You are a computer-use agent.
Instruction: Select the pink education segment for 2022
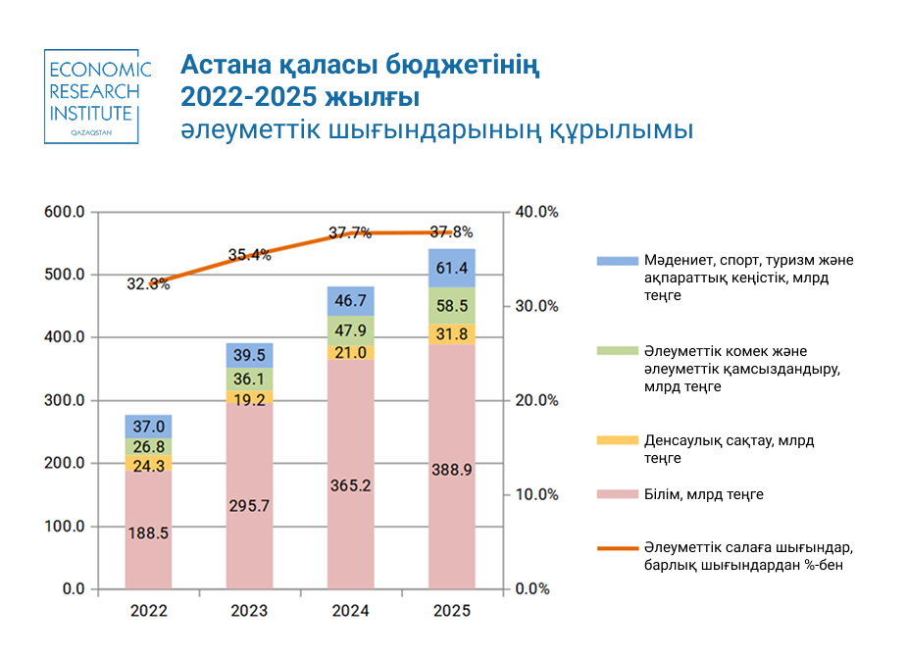(x=149, y=530)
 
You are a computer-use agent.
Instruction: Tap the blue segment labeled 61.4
(x=452, y=268)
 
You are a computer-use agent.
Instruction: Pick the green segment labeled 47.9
(x=350, y=330)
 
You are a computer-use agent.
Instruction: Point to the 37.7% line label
(x=350, y=232)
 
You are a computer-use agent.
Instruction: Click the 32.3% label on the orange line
(x=148, y=283)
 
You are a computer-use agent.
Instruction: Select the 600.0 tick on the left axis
(x=64, y=212)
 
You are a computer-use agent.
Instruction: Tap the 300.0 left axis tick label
(x=64, y=400)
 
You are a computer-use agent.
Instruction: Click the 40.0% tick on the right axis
(x=536, y=212)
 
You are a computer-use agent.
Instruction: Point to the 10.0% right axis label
(x=536, y=494)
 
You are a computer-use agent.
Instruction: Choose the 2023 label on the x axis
(x=249, y=611)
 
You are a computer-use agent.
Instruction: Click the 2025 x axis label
(x=452, y=611)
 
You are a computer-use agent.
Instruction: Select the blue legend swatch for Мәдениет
(x=617, y=261)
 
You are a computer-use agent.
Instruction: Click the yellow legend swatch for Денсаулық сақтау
(x=617, y=440)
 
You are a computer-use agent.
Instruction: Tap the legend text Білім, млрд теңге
(x=703, y=494)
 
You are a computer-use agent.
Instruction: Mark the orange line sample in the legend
(x=617, y=548)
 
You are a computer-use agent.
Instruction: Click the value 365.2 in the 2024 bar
(x=350, y=485)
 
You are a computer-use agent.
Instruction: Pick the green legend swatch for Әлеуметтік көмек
(x=617, y=351)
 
